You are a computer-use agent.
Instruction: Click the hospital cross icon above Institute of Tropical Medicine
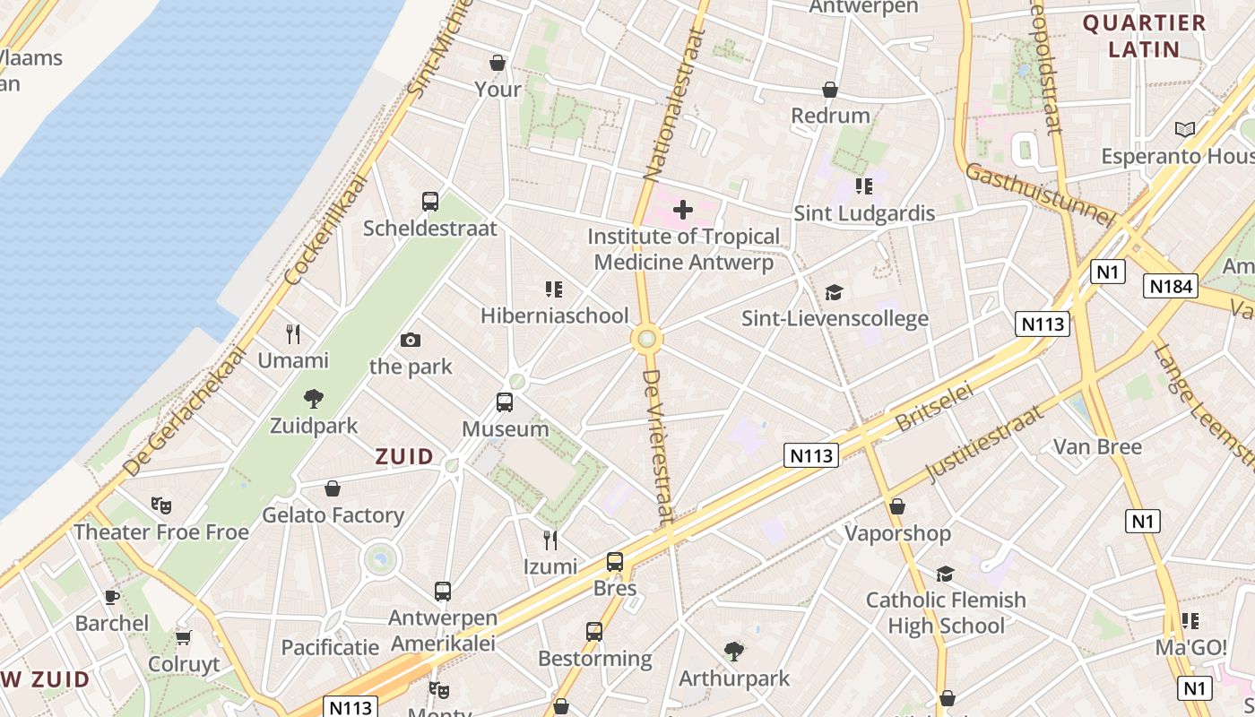683,210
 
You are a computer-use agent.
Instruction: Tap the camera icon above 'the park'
411,340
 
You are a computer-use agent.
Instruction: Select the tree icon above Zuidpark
314,399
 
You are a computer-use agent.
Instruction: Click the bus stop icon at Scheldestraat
430,202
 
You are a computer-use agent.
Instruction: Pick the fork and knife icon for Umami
293,334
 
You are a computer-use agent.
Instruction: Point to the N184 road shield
1171,286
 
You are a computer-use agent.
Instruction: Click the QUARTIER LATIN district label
1144,36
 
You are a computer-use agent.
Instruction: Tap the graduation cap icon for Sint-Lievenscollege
835,292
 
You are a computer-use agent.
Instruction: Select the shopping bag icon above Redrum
830,90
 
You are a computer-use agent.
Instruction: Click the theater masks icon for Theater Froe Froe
161,505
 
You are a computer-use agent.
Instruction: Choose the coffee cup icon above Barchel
111,597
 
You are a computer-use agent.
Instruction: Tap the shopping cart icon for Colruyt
184,637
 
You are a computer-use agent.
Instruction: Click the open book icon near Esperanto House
1185,129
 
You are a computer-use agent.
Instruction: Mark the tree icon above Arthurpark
734,651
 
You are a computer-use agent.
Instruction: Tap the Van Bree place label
1097,446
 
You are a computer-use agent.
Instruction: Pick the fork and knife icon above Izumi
550,540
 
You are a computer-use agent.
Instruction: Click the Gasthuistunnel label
1040,194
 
